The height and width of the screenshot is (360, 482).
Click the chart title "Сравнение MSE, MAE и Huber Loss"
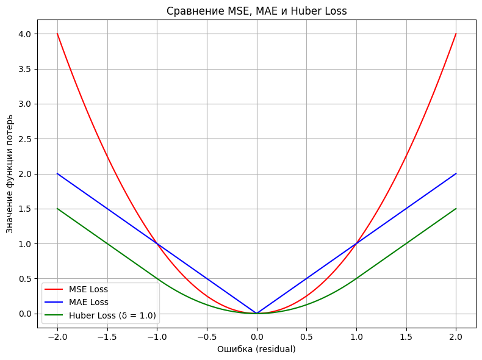click(256, 10)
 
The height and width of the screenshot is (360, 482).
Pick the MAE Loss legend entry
click(88, 302)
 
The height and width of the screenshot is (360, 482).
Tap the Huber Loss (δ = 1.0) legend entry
click(112, 315)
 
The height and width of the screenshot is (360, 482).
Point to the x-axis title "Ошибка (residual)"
click(256, 350)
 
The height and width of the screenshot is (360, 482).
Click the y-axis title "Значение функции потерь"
click(10, 173)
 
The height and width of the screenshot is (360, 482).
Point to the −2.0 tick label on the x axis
click(57, 336)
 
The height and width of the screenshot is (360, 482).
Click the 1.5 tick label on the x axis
click(406, 336)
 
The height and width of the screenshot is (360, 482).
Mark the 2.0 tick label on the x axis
click(456, 336)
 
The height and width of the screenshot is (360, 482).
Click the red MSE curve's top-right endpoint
click(456, 34)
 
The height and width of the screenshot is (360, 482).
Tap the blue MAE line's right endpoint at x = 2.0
click(456, 174)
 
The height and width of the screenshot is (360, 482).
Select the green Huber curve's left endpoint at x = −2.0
click(57, 209)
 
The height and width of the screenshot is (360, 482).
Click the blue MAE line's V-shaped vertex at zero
click(257, 314)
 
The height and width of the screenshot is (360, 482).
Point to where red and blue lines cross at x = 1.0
click(356, 244)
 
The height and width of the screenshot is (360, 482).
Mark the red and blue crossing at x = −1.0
click(157, 244)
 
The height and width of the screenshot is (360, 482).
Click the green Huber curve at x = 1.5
click(406, 244)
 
